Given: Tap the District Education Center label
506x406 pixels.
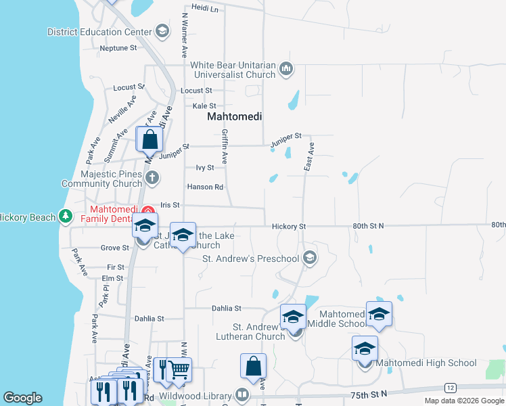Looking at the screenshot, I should (99, 32).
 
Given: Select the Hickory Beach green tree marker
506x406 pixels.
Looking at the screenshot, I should (65, 217).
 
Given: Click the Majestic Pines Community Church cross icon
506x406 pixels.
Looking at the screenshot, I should (152, 178).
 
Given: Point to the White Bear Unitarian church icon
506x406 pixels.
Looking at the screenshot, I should (286, 68).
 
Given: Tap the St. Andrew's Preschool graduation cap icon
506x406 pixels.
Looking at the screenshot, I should (309, 257).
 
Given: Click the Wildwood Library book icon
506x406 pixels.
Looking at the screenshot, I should (241, 394).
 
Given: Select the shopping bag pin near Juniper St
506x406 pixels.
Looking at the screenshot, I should (149, 140).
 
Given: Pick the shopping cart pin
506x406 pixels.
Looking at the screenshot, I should (179, 369).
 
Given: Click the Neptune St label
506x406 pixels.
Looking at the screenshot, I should (118, 48).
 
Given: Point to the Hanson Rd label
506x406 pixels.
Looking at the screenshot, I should (205, 187).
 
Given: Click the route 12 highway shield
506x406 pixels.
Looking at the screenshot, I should (449, 387).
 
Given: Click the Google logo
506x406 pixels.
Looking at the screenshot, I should (22, 398).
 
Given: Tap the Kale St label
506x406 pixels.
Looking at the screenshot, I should (204, 106).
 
